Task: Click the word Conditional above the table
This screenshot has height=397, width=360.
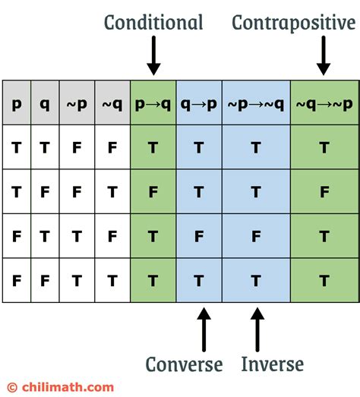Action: point(153,23)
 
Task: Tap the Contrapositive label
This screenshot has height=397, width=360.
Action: point(293,23)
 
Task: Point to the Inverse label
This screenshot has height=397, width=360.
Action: point(272,364)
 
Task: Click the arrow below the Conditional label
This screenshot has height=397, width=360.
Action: point(153,56)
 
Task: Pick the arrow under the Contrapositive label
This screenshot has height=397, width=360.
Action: point(324,56)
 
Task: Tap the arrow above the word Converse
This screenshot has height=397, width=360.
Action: point(203,327)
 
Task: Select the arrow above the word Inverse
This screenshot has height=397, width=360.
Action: point(257,327)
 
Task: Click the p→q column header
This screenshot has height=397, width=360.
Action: point(153,102)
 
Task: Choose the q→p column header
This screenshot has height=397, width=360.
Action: point(199,102)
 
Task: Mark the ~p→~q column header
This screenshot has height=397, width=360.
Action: point(257,102)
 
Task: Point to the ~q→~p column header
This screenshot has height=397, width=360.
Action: point(324,102)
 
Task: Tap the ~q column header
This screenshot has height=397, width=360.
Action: point(112,102)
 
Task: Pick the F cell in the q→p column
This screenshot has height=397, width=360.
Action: point(199,237)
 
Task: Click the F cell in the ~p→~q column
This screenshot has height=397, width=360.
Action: point(257,237)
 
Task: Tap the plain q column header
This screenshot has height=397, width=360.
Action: point(45,102)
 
